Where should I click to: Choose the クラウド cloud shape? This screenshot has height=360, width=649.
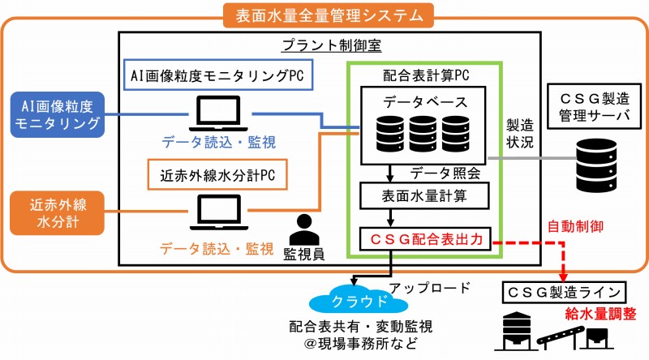(355, 299)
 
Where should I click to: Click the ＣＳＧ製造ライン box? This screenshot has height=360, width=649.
(563, 290)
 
